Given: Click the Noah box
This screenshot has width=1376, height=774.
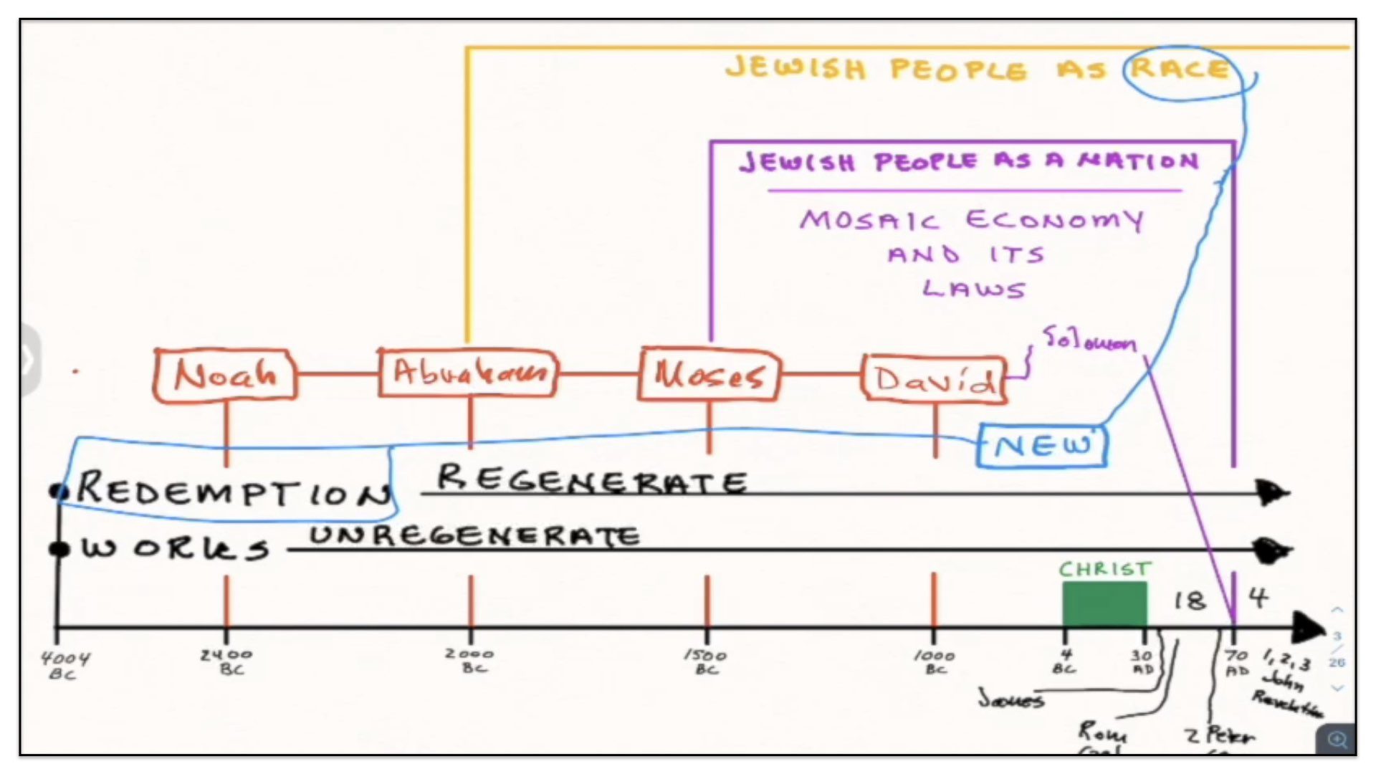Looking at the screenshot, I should pos(225,374).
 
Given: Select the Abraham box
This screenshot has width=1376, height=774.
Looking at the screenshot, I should pos(468,373).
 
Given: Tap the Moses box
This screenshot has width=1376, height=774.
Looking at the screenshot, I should pos(709,374).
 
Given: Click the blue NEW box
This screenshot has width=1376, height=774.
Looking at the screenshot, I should pos(1042,446).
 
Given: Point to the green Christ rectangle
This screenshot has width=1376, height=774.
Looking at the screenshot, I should pos(1104,604).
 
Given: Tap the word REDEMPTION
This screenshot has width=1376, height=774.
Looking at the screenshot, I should pos(234,490).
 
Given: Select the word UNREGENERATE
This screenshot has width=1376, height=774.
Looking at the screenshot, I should pos(474,536).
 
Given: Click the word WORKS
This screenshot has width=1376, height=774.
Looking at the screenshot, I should pos(176,548).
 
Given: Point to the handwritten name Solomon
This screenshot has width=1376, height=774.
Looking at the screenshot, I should pos(1089,339).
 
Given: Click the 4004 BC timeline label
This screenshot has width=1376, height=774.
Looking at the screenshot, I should pos(64,665).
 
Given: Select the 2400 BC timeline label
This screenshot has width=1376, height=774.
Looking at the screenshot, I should pos(227,661).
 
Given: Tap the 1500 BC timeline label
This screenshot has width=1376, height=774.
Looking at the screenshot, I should pos(706,661).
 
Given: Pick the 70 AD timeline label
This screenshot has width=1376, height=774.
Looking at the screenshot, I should pos(1237,663).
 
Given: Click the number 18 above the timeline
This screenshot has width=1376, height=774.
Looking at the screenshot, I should pos(1190,601).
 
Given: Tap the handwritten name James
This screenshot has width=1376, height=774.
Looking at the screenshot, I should pos(1011,699).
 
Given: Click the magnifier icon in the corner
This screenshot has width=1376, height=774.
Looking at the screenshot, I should pos(1337,739).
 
